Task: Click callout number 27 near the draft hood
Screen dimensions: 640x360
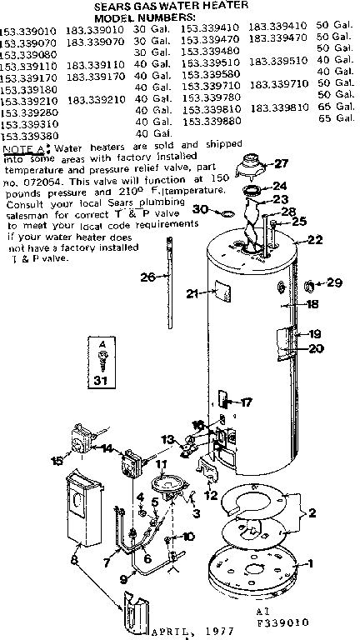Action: [x=280, y=164]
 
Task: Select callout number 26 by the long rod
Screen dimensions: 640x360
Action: [x=147, y=277]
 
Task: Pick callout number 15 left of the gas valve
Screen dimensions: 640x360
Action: [x=57, y=459]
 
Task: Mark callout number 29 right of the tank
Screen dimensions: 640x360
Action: [x=335, y=283]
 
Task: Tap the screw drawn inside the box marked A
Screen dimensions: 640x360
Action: [x=102, y=356]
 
